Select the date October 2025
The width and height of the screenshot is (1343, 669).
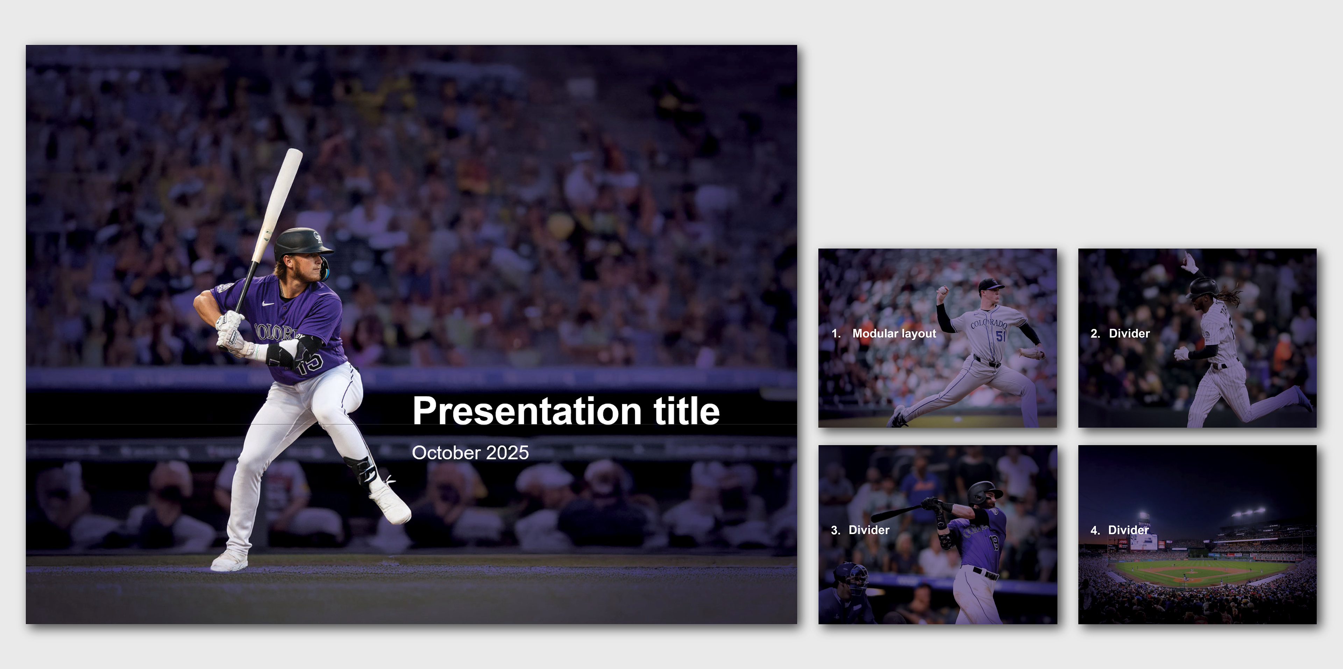pyautogui.click(x=470, y=453)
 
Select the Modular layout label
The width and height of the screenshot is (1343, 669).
pyautogui.click(x=894, y=333)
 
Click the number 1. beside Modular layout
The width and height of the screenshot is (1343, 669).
pyautogui.click(x=836, y=333)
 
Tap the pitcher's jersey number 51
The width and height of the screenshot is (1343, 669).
pyautogui.click(x=1001, y=336)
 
